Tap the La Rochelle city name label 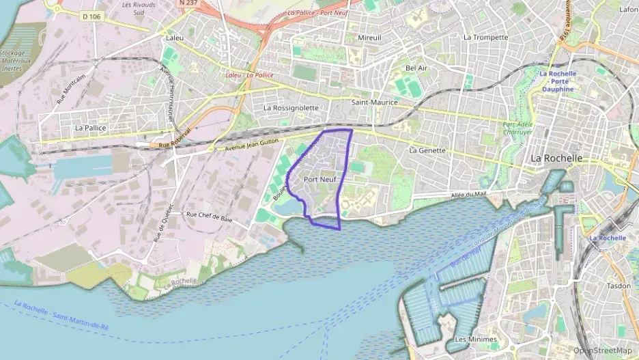[556, 158]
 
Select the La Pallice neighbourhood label [91, 127]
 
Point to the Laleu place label [174, 38]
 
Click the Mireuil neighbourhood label [370, 38]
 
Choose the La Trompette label [485, 38]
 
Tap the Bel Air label [416, 68]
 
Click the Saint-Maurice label [374, 102]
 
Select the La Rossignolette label [291, 108]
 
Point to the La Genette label [427, 150]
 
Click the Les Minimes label [475, 340]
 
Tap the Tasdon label [619, 286]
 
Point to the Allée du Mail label [468, 195]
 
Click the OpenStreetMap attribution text [602, 350]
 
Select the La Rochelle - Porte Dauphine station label [558, 81]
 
